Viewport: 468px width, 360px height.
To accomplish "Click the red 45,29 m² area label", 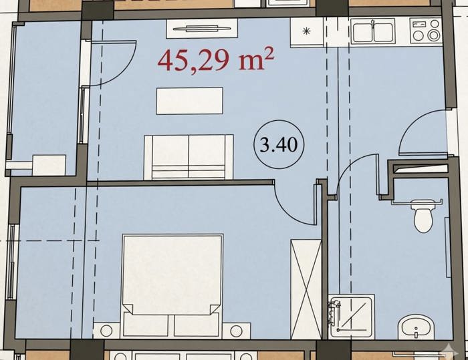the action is click(x=215, y=61).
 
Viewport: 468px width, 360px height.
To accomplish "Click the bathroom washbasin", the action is click(x=416, y=327).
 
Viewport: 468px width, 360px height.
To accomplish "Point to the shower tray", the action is click(x=351, y=317).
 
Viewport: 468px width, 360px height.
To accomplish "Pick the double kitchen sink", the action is click(x=373, y=31).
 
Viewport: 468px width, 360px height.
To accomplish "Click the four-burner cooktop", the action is click(x=426, y=30).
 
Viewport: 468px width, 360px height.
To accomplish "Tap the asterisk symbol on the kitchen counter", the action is click(x=306, y=31).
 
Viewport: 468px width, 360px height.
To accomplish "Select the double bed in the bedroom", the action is click(x=172, y=285).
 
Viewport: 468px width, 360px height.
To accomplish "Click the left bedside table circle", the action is click(x=106, y=331).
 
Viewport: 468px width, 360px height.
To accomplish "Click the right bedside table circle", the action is click(x=237, y=331).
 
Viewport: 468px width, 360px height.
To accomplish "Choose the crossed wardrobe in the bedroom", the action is click(x=306, y=289).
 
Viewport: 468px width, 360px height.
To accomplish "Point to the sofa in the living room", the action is click(x=189, y=157).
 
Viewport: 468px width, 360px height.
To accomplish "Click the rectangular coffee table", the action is click(x=189, y=101).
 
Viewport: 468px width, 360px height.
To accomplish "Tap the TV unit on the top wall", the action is click(x=202, y=29).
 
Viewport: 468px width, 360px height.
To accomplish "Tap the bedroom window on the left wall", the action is click(x=11, y=262).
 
